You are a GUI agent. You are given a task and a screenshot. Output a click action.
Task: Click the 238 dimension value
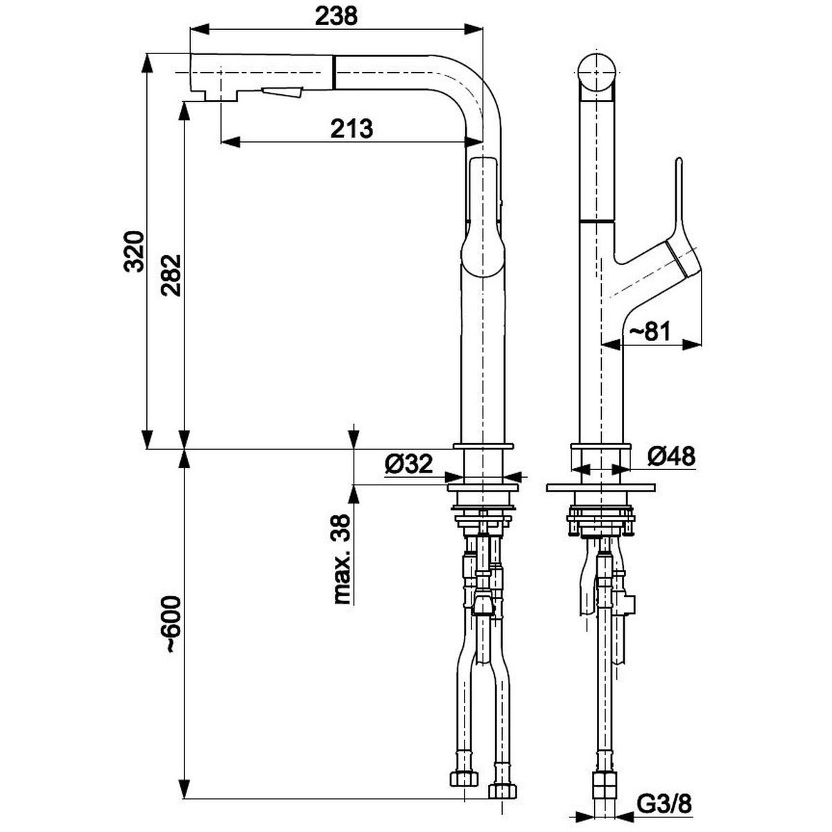tap(336, 17)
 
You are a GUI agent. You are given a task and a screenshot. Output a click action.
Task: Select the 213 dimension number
tap(352, 129)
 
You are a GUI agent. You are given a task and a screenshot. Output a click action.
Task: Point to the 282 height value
tap(171, 275)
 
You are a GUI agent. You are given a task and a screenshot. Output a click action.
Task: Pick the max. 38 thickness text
tap(342, 560)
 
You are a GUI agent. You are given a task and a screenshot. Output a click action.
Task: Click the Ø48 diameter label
tap(671, 456)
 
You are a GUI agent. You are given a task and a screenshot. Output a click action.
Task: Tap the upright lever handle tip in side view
tap(679, 162)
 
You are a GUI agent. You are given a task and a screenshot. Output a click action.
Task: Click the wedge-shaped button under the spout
tap(281, 92)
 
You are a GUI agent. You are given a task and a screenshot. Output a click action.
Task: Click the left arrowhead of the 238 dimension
tap(200, 30)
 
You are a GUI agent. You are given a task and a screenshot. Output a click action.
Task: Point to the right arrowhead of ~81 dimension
tap(692, 344)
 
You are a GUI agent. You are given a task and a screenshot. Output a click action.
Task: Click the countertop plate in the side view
tap(600, 488)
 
